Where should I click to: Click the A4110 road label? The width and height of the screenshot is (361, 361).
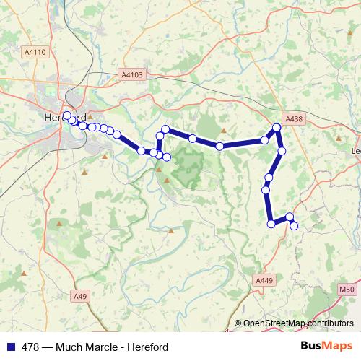(x=35, y=52)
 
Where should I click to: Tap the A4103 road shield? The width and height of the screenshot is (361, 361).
(x=133, y=74)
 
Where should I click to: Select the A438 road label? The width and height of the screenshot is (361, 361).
(x=294, y=118)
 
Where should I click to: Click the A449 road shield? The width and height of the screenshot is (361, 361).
(x=265, y=279)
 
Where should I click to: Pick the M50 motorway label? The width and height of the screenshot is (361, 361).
(x=346, y=289)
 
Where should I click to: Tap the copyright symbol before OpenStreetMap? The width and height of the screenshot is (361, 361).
(x=238, y=323)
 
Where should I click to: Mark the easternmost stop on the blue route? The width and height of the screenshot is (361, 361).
(x=294, y=226)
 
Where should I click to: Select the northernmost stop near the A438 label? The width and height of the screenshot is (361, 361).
(x=276, y=129)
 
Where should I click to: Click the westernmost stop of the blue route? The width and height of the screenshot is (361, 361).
(x=66, y=116)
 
